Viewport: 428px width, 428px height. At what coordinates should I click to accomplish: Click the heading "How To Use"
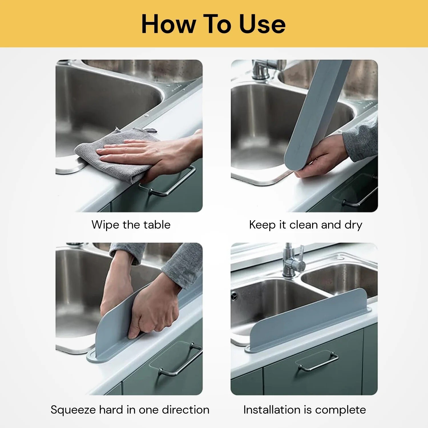213,24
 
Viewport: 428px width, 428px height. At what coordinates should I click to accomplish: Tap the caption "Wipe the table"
131,225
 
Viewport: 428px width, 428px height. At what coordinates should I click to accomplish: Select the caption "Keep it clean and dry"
306,225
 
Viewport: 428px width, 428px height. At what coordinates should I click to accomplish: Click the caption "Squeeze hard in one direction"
130,410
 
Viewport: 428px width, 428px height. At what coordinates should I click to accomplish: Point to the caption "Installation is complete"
304,410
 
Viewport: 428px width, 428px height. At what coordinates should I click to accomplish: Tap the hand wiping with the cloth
148,156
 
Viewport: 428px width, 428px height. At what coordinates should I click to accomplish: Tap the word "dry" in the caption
353,225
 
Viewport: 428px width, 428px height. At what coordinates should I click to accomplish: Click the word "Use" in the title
262,24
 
